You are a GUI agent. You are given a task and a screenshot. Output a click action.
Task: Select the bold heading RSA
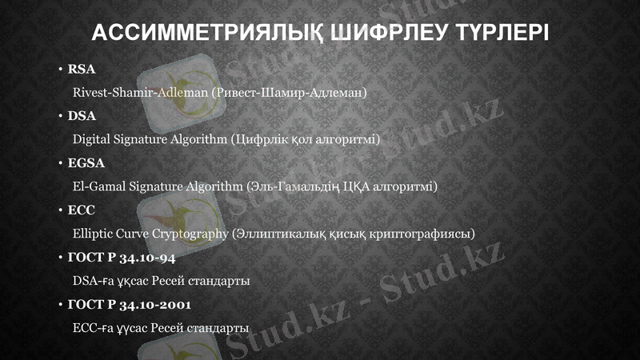click(x=82, y=70)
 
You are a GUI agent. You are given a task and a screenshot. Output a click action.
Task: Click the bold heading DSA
click(x=82, y=116)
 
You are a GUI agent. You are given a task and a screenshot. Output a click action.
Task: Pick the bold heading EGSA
click(x=86, y=163)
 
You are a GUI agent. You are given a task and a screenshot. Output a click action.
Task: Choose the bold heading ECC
click(x=82, y=210)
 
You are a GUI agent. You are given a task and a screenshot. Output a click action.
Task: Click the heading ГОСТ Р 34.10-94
click(x=122, y=258)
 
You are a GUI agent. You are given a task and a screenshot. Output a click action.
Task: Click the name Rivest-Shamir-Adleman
click(x=141, y=93)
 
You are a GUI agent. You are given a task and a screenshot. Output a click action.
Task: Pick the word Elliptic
click(x=92, y=234)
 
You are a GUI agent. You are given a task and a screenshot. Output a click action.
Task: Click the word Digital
click(x=90, y=140)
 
